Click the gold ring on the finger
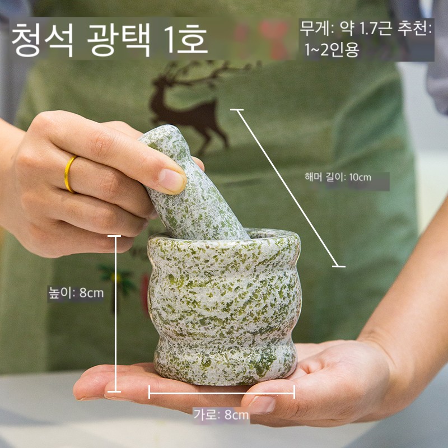point(69,174)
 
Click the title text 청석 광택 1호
point(109,39)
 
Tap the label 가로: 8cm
point(221,415)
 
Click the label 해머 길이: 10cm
point(338,177)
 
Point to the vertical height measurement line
point(116,314)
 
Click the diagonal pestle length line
point(288,188)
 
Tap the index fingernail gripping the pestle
point(172,180)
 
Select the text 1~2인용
point(332,50)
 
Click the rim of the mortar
point(225,236)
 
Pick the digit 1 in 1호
point(170,39)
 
